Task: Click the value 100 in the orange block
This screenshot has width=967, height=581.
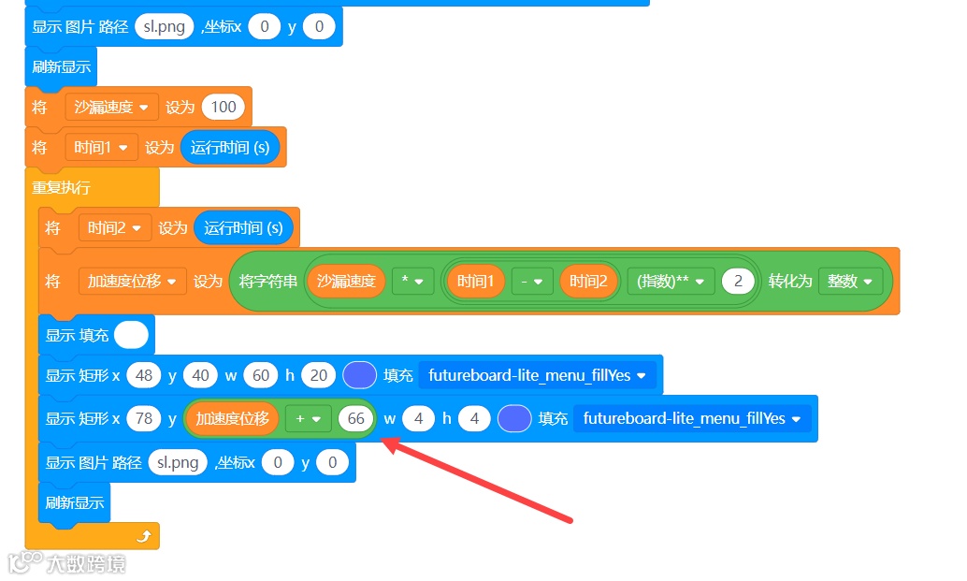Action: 224,107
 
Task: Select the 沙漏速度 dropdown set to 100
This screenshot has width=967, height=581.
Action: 111,107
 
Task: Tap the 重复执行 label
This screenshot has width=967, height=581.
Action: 61,187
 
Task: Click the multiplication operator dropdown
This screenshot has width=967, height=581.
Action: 412,281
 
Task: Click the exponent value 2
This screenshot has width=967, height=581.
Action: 738,281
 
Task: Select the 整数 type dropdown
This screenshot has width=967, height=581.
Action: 850,281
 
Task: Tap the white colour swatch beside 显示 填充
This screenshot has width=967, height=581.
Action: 132,335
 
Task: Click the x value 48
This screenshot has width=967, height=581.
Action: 144,375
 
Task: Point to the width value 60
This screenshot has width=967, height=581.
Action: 261,375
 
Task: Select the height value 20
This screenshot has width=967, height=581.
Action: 319,375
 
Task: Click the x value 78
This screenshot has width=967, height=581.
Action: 144,418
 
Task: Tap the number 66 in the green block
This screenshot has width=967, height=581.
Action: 355,418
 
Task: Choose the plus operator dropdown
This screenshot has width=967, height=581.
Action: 308,418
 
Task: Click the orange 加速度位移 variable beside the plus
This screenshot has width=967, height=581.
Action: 232,418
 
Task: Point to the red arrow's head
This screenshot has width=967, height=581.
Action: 385,443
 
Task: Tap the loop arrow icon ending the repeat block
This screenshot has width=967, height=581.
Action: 143,536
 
